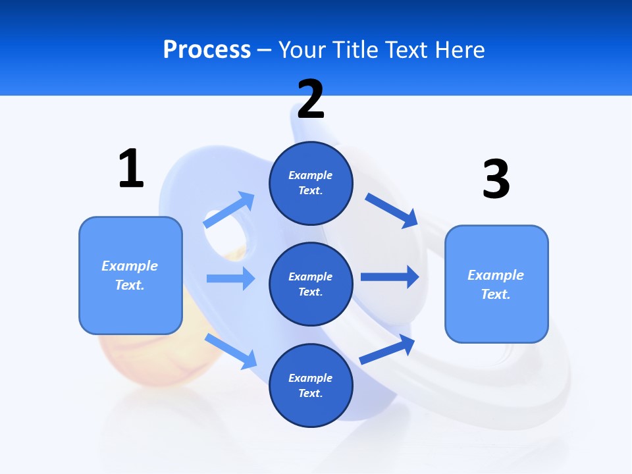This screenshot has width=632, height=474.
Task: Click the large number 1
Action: (x=131, y=169)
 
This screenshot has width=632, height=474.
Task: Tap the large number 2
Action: (x=311, y=99)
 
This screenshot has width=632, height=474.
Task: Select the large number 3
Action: (x=496, y=179)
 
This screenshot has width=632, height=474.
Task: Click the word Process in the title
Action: (x=207, y=49)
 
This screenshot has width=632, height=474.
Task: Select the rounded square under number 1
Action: (x=130, y=275)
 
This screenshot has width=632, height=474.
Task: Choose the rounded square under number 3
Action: (x=496, y=284)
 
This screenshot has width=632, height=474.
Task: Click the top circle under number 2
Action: (x=311, y=183)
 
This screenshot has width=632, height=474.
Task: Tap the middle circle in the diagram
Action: (x=311, y=284)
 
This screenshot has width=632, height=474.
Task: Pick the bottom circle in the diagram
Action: (x=311, y=386)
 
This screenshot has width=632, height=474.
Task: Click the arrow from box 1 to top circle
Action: (x=230, y=210)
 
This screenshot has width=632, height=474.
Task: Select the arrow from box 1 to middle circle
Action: (x=230, y=278)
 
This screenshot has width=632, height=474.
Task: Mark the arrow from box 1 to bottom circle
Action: (x=231, y=352)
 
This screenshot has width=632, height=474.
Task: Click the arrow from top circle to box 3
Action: (x=392, y=210)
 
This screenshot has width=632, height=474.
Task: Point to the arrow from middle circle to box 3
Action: (x=390, y=276)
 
